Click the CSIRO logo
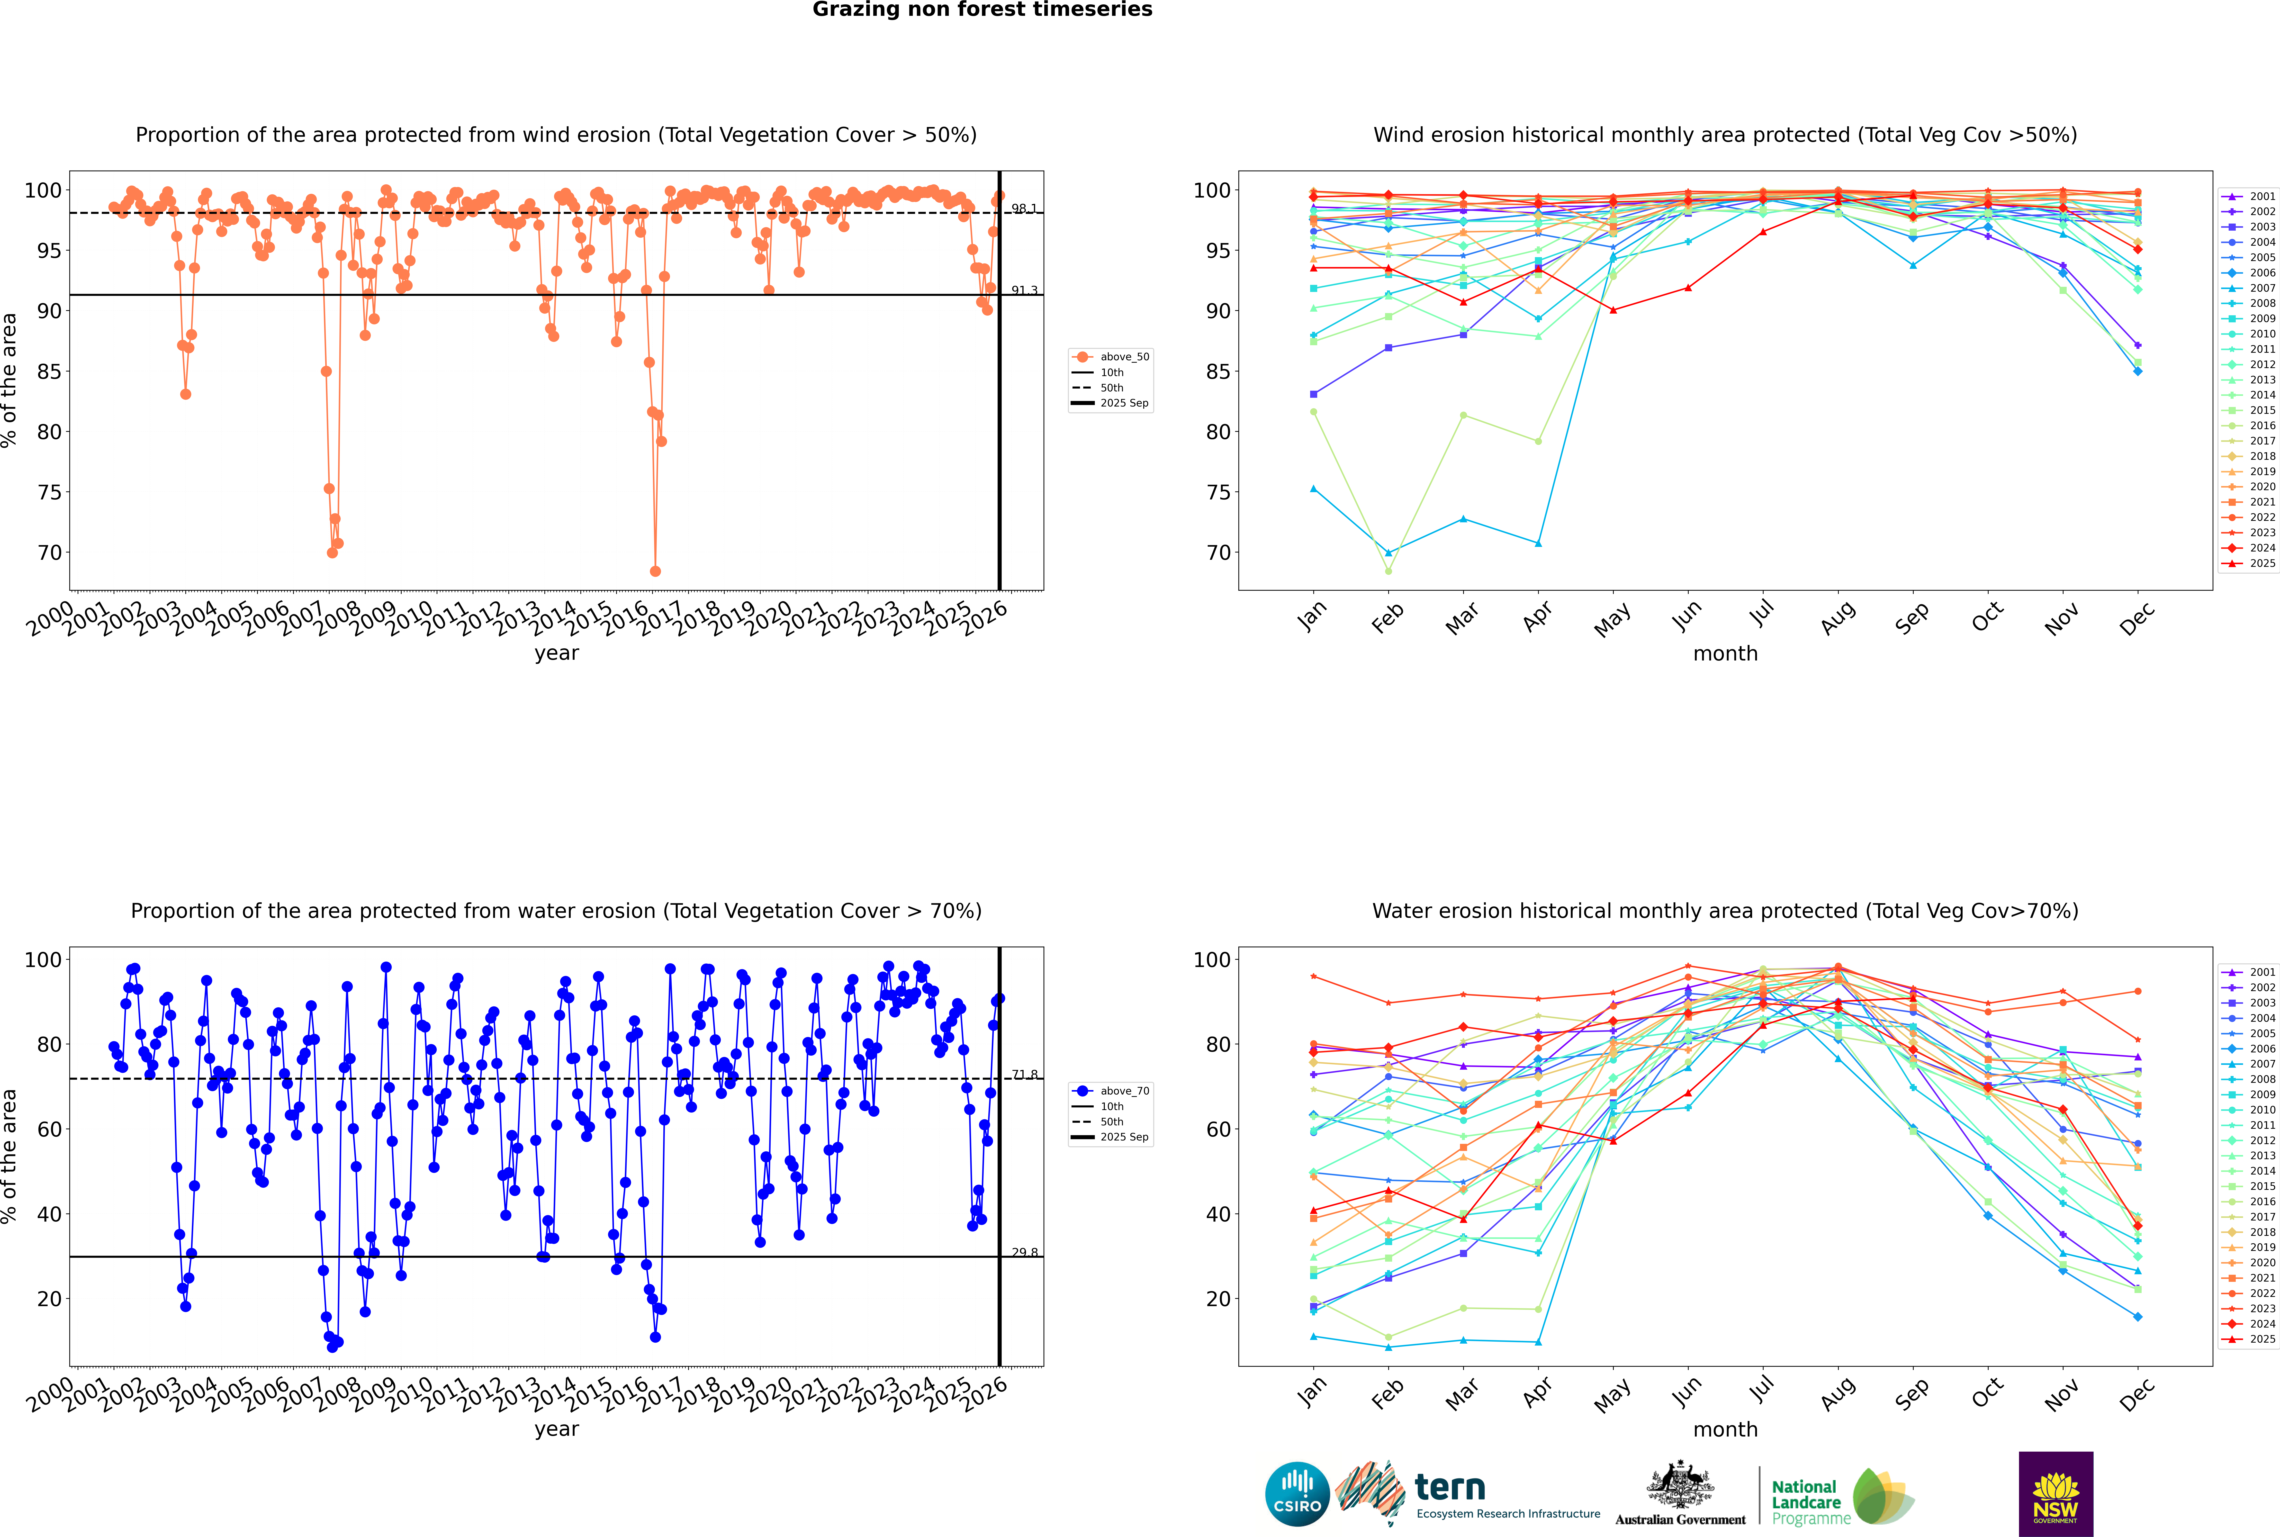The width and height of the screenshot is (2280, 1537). [x=1297, y=1494]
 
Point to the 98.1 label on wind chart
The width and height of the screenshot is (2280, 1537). [x=1024, y=209]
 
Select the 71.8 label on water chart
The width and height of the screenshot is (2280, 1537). [x=1024, y=1074]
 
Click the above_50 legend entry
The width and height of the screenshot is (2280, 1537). [x=1123, y=357]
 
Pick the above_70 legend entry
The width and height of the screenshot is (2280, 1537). [x=1123, y=1091]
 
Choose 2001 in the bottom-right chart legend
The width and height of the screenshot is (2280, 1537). [x=2261, y=972]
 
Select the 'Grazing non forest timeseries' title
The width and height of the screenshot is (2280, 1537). [x=982, y=10]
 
